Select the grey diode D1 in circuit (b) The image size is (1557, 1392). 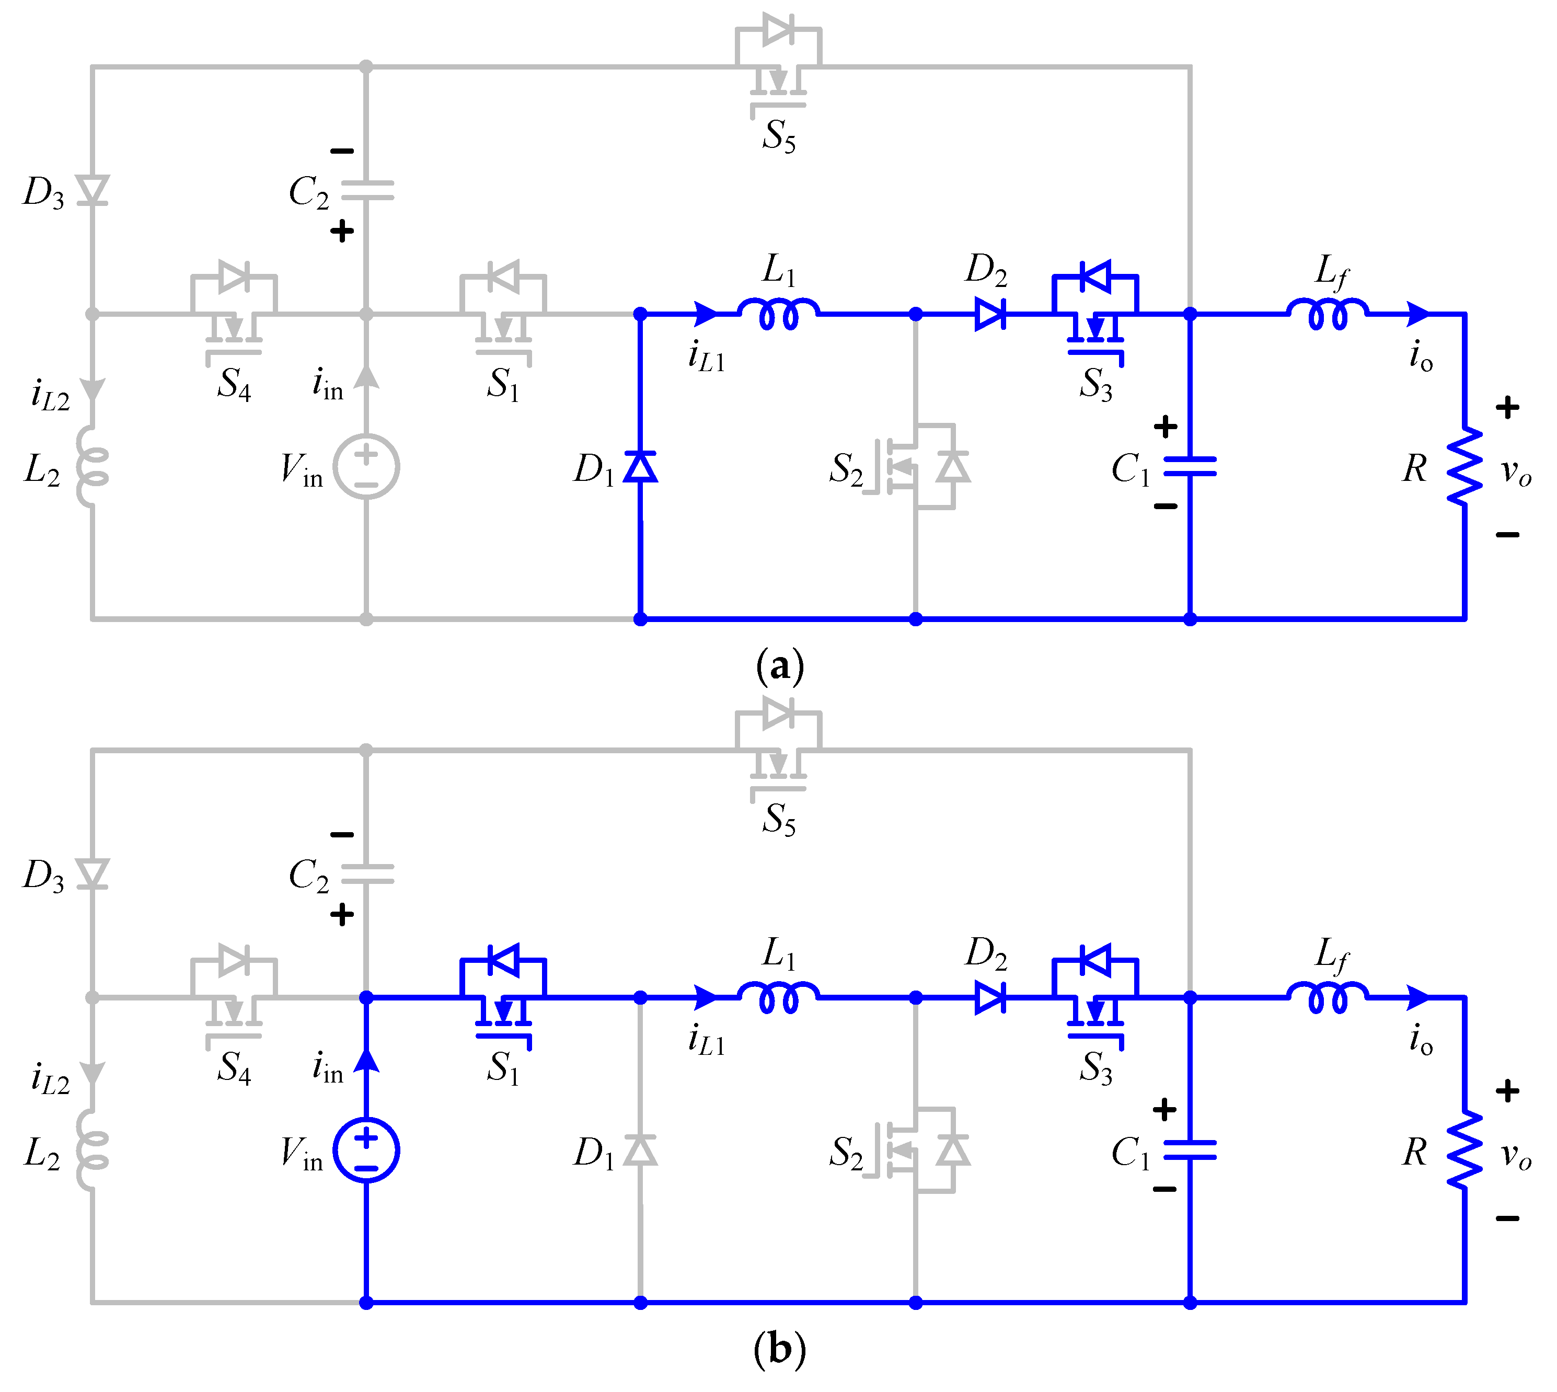[x=640, y=1149]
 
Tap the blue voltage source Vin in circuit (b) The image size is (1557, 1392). [x=366, y=1149]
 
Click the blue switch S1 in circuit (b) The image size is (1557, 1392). [x=502, y=994]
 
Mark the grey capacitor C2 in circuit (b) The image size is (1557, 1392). [x=366, y=874]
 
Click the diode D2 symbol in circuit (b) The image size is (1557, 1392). [x=990, y=997]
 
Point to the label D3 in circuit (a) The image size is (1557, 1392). [x=43, y=192]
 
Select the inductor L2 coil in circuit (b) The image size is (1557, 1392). [x=92, y=1149]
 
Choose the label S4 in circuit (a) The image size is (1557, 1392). [x=233, y=384]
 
